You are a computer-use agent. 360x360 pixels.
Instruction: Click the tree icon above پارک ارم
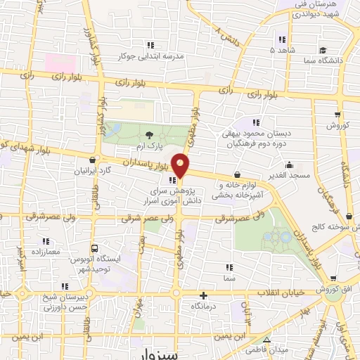coord(148,134)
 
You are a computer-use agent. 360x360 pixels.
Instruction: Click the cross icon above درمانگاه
coord(203,296)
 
